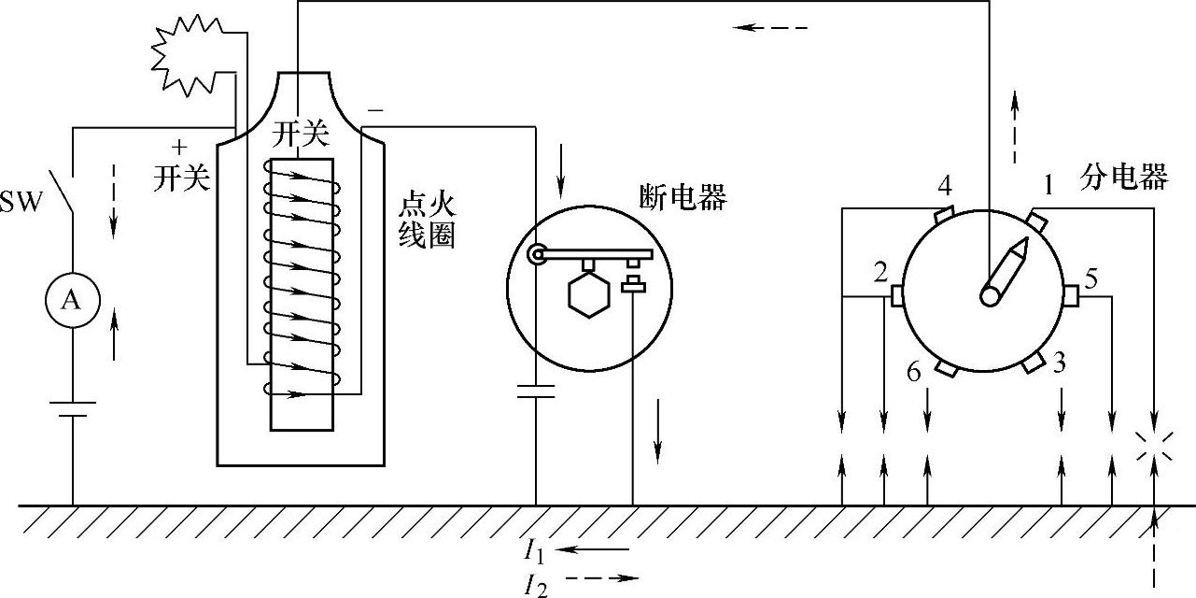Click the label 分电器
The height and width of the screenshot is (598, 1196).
[x=1125, y=177]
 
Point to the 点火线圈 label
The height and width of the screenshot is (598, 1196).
[x=427, y=221]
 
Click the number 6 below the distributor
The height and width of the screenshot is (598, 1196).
[x=914, y=372]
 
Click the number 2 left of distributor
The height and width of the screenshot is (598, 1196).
[x=880, y=273]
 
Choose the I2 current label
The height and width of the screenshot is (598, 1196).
[x=534, y=583]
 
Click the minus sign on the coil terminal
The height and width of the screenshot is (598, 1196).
[x=374, y=110]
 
